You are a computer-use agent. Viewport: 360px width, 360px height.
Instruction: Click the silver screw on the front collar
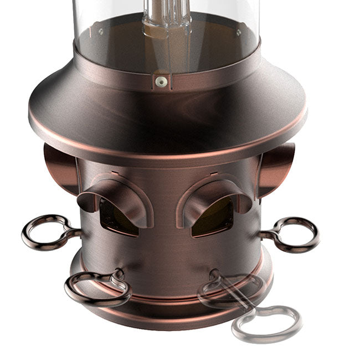[x=161, y=81]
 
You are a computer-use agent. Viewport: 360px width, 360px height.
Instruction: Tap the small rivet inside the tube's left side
[x=100, y=32]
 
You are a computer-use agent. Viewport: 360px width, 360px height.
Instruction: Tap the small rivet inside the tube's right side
[x=238, y=33]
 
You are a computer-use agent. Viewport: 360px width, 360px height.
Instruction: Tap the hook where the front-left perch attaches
[x=118, y=274]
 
